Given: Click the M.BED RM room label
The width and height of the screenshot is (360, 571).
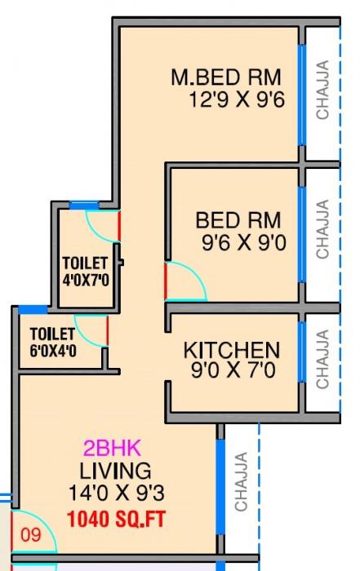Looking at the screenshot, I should [x=225, y=78].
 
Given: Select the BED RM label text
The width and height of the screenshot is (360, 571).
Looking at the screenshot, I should [x=238, y=220].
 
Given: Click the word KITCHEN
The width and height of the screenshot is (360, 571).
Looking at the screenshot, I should [x=231, y=351].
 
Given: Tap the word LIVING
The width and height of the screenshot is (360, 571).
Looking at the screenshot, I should [x=115, y=471].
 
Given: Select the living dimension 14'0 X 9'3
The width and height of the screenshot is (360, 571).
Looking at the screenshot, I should [x=115, y=492].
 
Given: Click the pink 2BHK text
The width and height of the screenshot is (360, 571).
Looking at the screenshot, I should [x=113, y=448].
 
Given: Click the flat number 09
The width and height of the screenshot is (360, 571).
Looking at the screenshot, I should [x=30, y=537].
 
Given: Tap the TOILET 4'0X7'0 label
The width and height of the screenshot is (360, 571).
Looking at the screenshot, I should [x=86, y=271].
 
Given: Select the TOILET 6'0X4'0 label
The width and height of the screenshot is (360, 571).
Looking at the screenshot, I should [x=52, y=342].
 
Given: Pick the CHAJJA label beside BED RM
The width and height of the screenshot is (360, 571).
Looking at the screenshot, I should [x=323, y=230].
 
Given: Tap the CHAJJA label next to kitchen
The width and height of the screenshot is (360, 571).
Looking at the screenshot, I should [x=323, y=359].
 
